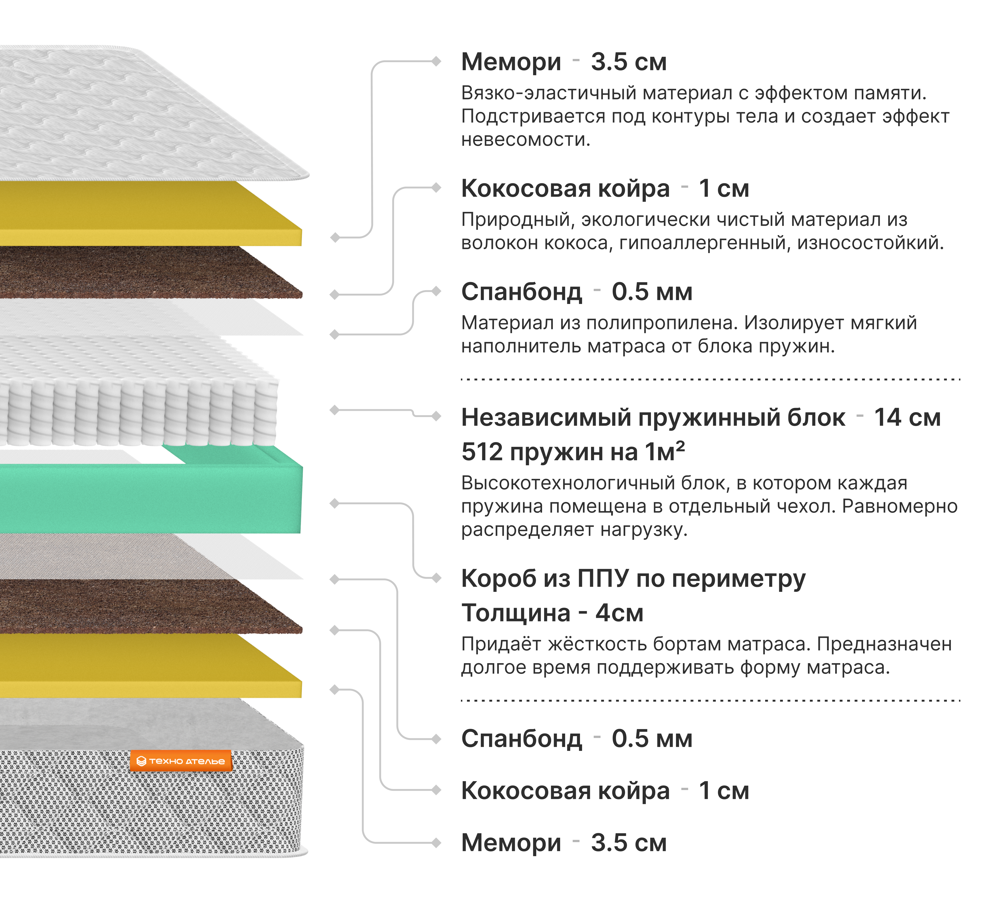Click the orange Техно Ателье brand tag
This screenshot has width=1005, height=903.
[181, 761]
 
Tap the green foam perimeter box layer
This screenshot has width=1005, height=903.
[149, 499]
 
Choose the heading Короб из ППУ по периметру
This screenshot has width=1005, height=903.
[633, 578]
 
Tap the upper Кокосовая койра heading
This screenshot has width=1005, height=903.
[565, 189]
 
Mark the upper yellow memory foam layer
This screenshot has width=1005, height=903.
[149, 213]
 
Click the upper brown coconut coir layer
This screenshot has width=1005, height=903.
[149, 273]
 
